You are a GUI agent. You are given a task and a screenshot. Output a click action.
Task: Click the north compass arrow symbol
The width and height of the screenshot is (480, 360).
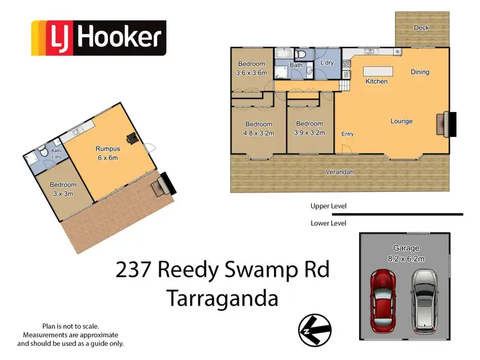[314, 330]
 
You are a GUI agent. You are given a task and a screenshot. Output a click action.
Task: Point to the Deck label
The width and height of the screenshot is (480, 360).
[421, 27]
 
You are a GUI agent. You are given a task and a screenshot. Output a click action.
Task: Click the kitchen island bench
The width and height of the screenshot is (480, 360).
[378, 70]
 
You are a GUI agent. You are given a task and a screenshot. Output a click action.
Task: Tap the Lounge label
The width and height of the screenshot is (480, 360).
[401, 121]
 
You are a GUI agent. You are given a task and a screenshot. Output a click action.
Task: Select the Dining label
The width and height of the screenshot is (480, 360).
[420, 72]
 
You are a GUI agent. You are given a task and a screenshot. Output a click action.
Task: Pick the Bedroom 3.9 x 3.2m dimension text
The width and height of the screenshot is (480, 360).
[309, 134]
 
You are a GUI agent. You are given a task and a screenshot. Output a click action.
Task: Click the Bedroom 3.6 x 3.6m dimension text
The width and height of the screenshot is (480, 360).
[251, 73]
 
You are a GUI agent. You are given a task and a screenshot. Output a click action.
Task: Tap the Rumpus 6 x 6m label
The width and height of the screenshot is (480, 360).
[108, 158]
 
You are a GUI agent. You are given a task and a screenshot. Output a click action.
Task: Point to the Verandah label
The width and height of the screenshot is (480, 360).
[340, 172]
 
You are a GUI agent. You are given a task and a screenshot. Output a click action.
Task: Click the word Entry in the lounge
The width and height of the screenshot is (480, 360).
[348, 134]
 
